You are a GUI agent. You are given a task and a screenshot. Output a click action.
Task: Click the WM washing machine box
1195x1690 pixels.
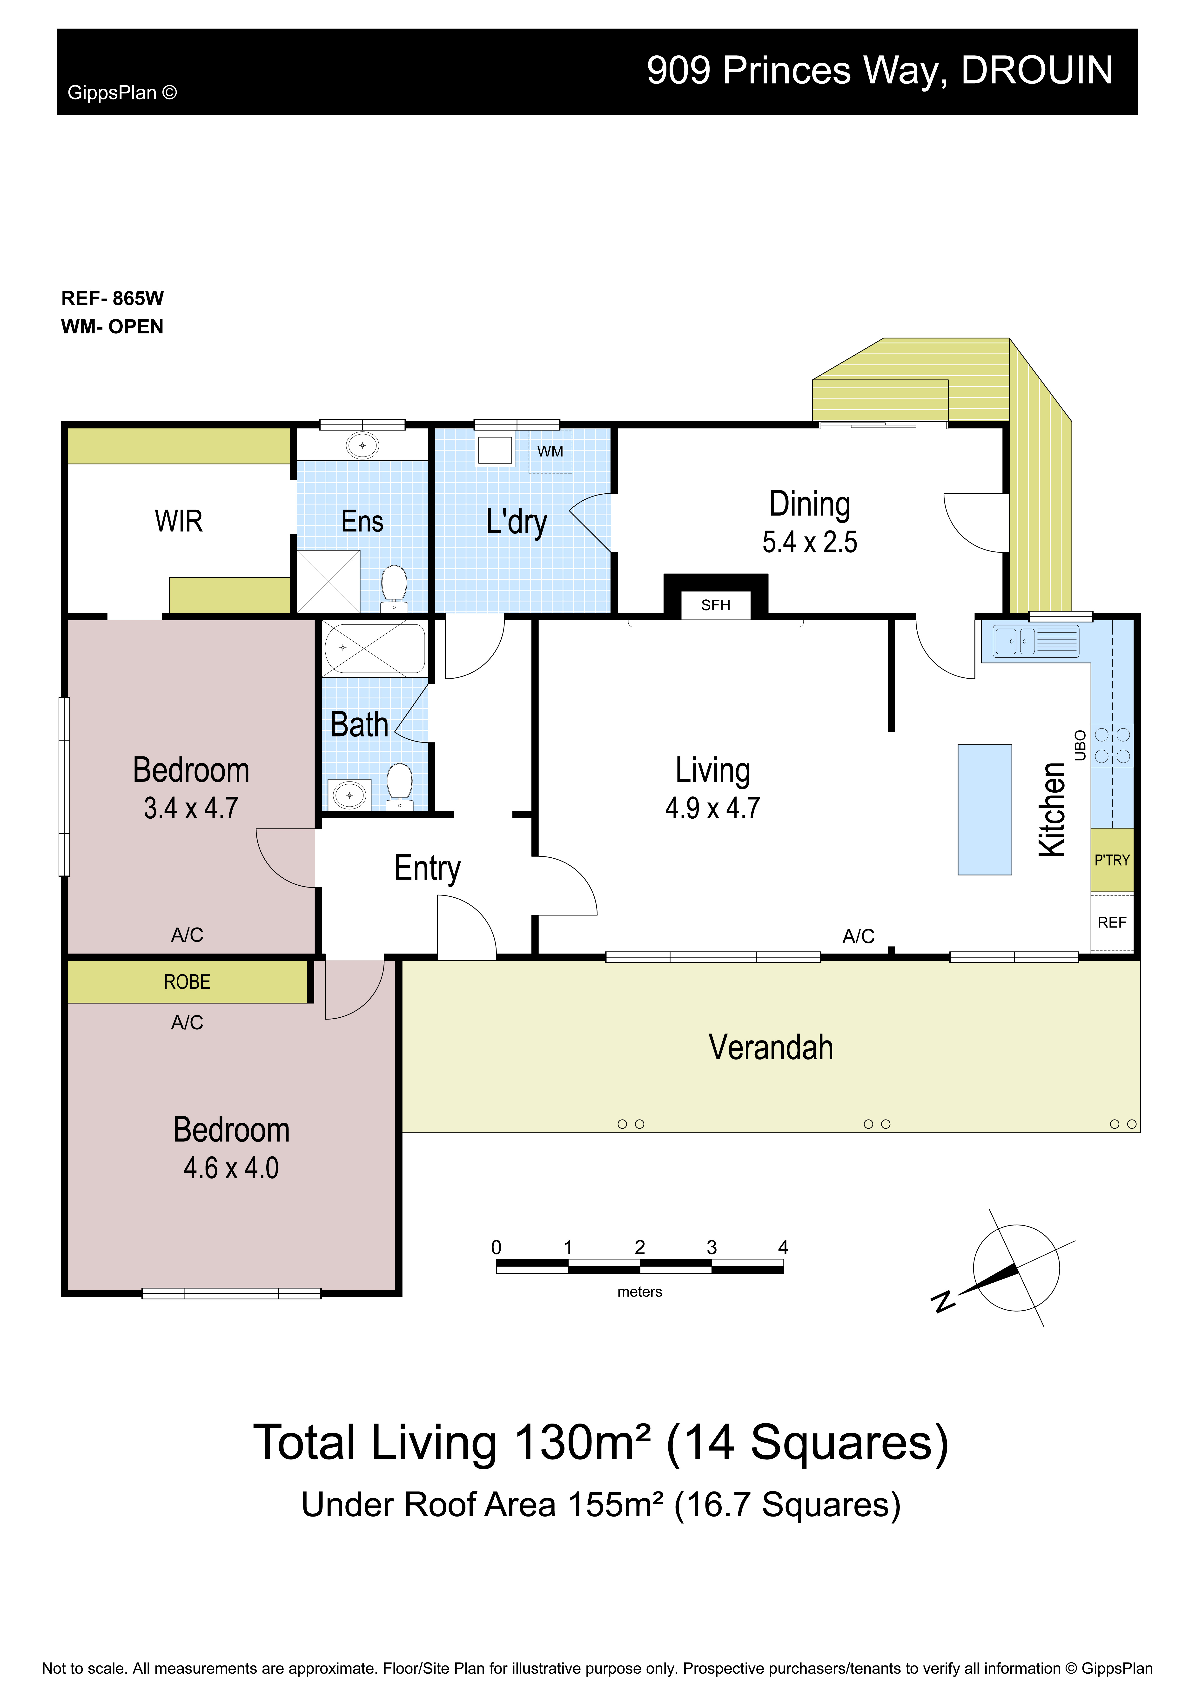550,451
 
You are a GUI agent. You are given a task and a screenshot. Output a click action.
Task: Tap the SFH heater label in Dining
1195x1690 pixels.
716,605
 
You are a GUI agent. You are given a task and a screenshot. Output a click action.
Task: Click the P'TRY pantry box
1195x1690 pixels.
1112,860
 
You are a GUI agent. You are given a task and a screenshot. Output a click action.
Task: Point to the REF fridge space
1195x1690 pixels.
1112,922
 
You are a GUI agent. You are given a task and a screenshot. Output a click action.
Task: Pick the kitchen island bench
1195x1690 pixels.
984,810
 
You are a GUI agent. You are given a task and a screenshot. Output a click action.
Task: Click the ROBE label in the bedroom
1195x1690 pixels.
187,982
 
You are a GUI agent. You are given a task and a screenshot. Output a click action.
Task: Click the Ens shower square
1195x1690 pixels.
328,582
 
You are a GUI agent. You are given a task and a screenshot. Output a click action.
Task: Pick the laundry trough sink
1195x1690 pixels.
495,451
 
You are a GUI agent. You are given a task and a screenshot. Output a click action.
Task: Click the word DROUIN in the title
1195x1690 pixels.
1037,71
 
